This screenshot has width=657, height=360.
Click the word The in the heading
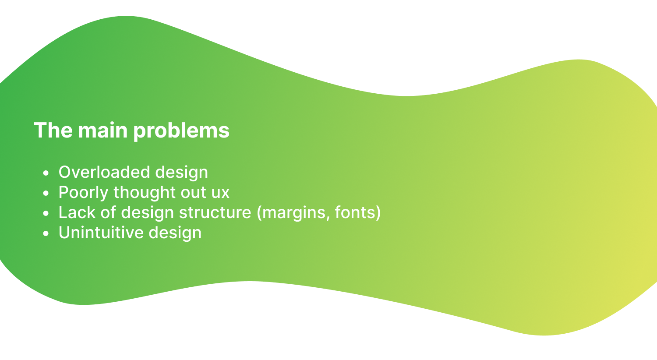pyautogui.click(x=53, y=130)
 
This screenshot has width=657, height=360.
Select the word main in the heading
pyautogui.click(x=102, y=130)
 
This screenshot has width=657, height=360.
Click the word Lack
pyautogui.click(x=77, y=212)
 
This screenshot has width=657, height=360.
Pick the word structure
pyautogui.click(x=215, y=212)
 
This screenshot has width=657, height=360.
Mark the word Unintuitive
pyautogui.click(x=101, y=233)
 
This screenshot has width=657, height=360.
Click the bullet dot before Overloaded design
pyautogui.click(x=46, y=173)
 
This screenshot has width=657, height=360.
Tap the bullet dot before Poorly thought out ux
pyautogui.click(x=46, y=193)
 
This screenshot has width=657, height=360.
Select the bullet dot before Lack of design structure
pyautogui.click(x=46, y=213)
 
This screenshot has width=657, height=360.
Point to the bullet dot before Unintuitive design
pyautogui.click(x=46, y=233)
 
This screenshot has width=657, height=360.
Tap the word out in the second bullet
pyautogui.click(x=193, y=193)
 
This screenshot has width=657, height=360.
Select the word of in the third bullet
pyautogui.click(x=108, y=212)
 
